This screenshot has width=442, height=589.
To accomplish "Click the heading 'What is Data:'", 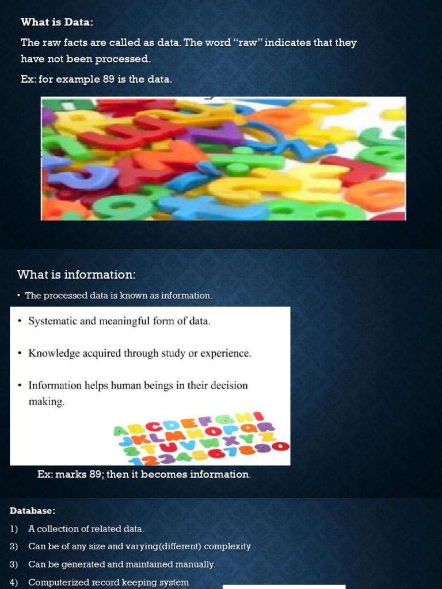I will coord(57,22).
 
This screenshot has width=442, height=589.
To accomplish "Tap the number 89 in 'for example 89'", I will coord(109,79).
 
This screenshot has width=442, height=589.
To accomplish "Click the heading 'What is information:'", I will coord(76,274).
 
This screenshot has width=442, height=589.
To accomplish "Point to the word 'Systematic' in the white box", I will coord(52,321).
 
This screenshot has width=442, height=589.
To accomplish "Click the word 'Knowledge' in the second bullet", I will coord(54,353).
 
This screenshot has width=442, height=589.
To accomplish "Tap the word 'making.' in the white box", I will coord(47,401).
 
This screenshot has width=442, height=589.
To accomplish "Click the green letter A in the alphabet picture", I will coord(121,431).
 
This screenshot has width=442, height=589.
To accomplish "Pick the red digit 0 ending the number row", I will coord(280,446).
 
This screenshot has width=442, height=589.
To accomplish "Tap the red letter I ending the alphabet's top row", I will coord(258,416).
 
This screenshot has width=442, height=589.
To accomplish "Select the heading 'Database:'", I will coord(33,511).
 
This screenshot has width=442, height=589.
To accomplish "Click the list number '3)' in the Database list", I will coord(14,565).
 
